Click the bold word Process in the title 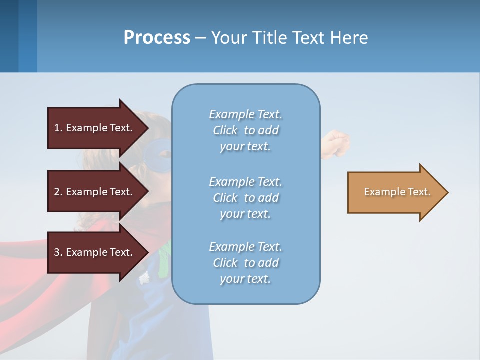click(157, 38)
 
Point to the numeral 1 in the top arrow click(57, 128)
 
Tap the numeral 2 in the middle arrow click(57, 192)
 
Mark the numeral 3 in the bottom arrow click(57, 252)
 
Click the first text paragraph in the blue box click(245, 130)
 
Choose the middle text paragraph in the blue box click(245, 198)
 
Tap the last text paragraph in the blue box click(245, 263)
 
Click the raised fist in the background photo click(336, 142)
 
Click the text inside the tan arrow click(397, 192)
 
